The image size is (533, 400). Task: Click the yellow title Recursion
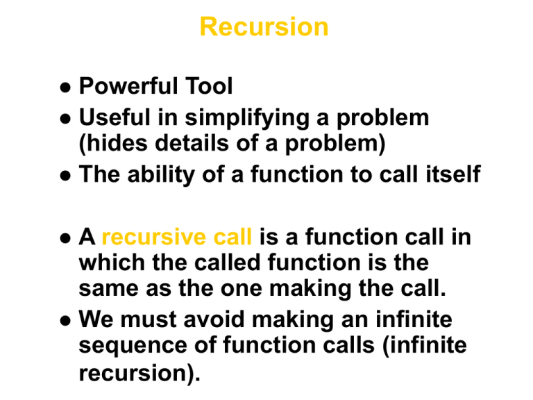[264, 27]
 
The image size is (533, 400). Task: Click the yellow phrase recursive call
[176, 238]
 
